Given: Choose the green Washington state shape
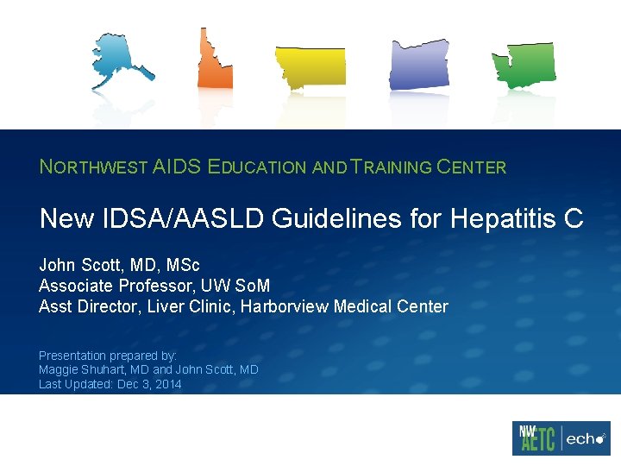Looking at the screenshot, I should [524, 65].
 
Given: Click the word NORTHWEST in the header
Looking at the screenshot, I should [93, 167].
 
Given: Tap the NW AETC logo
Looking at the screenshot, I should [535, 438].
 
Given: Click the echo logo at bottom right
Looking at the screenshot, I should [586, 438].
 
